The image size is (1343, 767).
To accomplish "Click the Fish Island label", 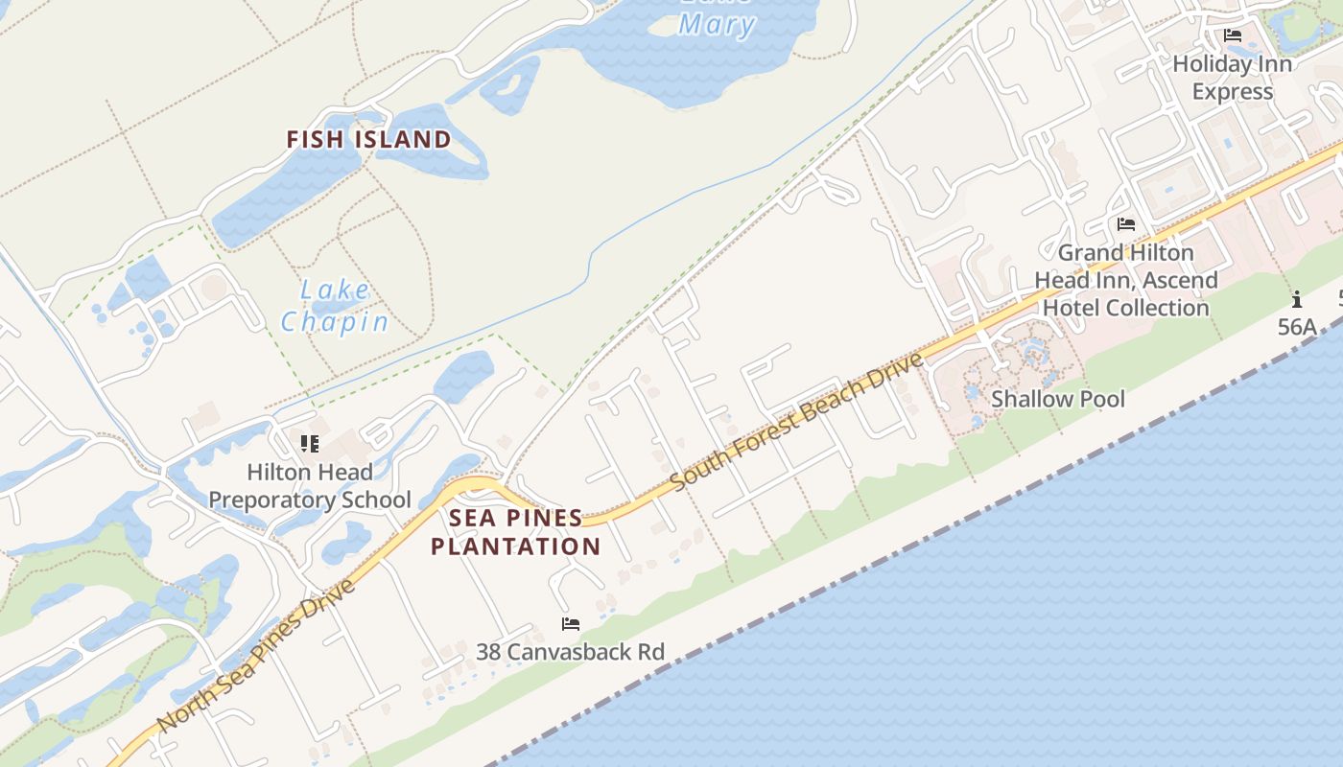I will [x=368, y=140].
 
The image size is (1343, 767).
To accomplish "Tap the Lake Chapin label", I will [x=335, y=306].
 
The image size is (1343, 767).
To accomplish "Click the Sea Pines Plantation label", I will [x=516, y=532].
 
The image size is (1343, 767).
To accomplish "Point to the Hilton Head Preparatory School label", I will [x=310, y=486].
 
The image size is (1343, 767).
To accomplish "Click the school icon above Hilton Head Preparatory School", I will [x=309, y=443].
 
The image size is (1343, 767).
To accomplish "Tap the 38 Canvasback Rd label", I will [x=571, y=652].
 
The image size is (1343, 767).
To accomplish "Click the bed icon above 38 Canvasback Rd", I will [x=571, y=624].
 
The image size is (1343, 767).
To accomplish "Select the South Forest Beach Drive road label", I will [x=798, y=422].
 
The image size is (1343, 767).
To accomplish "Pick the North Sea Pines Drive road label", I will [x=256, y=654].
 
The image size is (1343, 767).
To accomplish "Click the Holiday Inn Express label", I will [x=1233, y=78].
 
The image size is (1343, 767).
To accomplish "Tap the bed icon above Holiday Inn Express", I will [x=1233, y=36].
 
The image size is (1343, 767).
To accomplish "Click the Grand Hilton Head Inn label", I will [x=1126, y=280].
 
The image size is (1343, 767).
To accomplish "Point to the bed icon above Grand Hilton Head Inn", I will [x=1126, y=224].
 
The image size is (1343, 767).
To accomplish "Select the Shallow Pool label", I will [x=1058, y=399].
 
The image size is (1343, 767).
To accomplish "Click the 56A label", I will [x=1297, y=327].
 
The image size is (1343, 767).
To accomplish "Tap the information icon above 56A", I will [x=1297, y=299].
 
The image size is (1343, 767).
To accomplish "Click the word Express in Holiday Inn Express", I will [x=1233, y=92].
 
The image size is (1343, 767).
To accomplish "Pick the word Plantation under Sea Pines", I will [x=516, y=546].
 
